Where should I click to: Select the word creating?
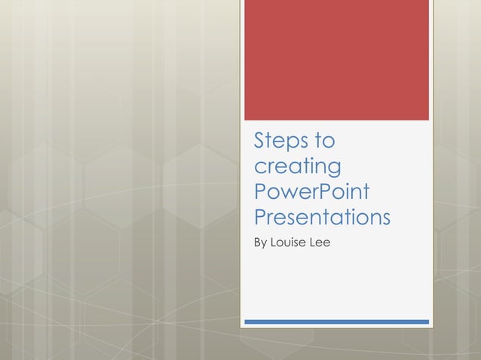(x=298, y=166)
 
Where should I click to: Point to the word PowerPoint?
(x=312, y=191)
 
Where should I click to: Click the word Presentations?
(x=322, y=217)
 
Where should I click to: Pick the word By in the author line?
(x=261, y=243)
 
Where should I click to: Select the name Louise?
(x=289, y=243)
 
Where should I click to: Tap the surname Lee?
(x=320, y=243)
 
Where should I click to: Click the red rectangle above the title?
(x=336, y=59)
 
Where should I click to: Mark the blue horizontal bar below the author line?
(x=336, y=322)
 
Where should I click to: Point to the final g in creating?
(x=334, y=168)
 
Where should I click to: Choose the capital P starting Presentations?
(x=261, y=217)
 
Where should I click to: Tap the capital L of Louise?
(x=275, y=243)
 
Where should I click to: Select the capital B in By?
(x=258, y=243)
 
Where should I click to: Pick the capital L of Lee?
(x=311, y=243)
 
